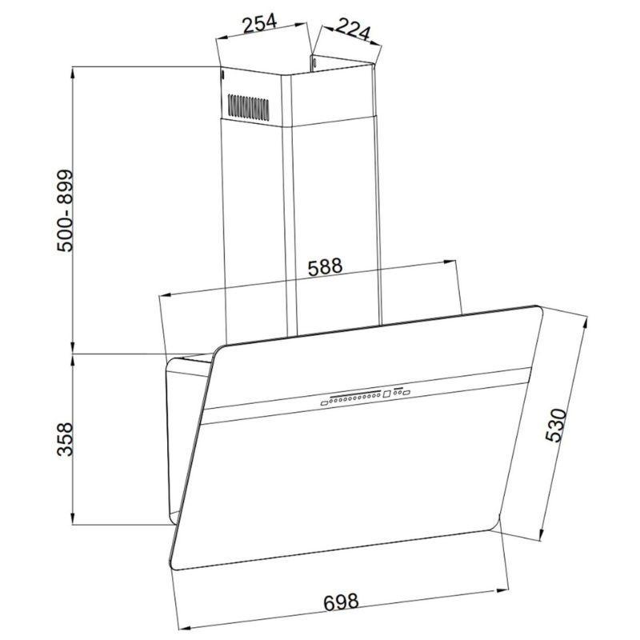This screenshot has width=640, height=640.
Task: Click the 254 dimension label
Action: point(260,23)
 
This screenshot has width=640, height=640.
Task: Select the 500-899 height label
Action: point(65,210)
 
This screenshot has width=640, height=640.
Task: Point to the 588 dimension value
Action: point(325,266)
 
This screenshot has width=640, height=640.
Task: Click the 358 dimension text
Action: point(65,439)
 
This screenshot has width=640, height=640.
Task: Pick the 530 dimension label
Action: point(556,426)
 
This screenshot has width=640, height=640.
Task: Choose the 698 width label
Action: point(341,602)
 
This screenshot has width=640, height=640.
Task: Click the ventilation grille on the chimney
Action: point(249,108)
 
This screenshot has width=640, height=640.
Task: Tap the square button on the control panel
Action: point(387,394)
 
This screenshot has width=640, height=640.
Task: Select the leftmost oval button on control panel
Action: point(325,403)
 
